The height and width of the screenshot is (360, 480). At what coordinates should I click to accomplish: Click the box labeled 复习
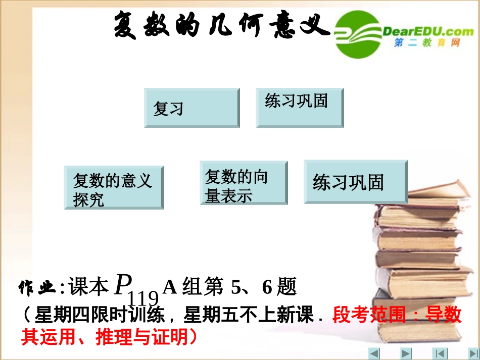pyautogui.click(x=191, y=108)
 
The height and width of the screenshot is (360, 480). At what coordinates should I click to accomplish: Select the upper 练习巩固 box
pyautogui.click(x=300, y=108)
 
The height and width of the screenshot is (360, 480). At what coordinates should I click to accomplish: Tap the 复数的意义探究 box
pyautogui.click(x=114, y=187)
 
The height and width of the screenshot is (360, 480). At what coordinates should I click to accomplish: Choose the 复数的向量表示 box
pyautogui.click(x=244, y=183)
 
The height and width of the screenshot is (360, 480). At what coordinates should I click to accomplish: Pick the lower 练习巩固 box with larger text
pyautogui.click(x=355, y=182)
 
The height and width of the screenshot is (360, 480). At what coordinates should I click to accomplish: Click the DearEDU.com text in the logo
pyautogui.click(x=428, y=31)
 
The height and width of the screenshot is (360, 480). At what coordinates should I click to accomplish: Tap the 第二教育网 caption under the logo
pyautogui.click(x=427, y=44)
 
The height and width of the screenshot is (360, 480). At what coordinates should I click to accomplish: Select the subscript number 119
pyautogui.click(x=143, y=299)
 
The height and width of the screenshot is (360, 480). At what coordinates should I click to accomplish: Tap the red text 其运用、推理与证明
pyautogui.click(x=108, y=336)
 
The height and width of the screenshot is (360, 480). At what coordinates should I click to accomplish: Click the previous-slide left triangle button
pyautogui.click(x=374, y=353)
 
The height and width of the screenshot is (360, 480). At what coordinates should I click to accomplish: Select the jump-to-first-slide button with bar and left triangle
pyautogui.click(x=441, y=353)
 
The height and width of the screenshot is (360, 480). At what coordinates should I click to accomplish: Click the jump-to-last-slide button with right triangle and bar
pyautogui.click(x=463, y=353)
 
